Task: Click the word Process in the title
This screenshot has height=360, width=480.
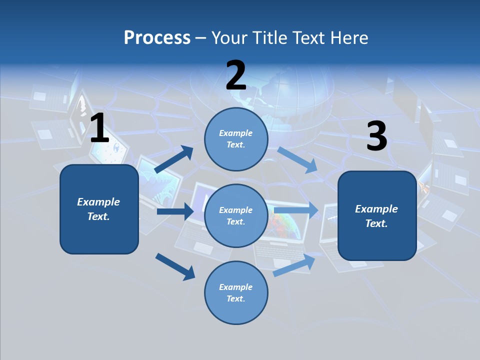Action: (x=157, y=38)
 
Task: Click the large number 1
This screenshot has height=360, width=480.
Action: (x=99, y=128)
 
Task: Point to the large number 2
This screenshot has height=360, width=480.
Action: (x=236, y=75)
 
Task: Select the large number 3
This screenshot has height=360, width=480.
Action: (x=376, y=136)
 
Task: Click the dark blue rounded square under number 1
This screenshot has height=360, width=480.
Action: (x=99, y=209)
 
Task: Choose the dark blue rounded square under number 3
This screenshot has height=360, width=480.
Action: (x=377, y=216)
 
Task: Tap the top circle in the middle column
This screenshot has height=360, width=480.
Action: (x=236, y=139)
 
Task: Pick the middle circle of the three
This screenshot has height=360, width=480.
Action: (x=236, y=215)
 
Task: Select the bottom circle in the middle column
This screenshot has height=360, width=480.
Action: (x=236, y=292)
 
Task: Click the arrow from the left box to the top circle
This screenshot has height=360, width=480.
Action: (x=174, y=159)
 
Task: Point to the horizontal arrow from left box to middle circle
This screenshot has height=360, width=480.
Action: (x=175, y=211)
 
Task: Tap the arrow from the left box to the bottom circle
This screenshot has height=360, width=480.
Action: (x=175, y=266)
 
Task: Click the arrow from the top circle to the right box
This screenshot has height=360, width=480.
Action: (x=297, y=160)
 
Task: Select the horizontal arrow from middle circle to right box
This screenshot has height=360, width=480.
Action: (x=296, y=210)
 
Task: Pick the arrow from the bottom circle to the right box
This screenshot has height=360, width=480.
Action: (x=294, y=265)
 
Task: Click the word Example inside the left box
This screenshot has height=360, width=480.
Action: (x=98, y=202)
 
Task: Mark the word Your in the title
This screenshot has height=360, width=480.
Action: (x=227, y=38)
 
